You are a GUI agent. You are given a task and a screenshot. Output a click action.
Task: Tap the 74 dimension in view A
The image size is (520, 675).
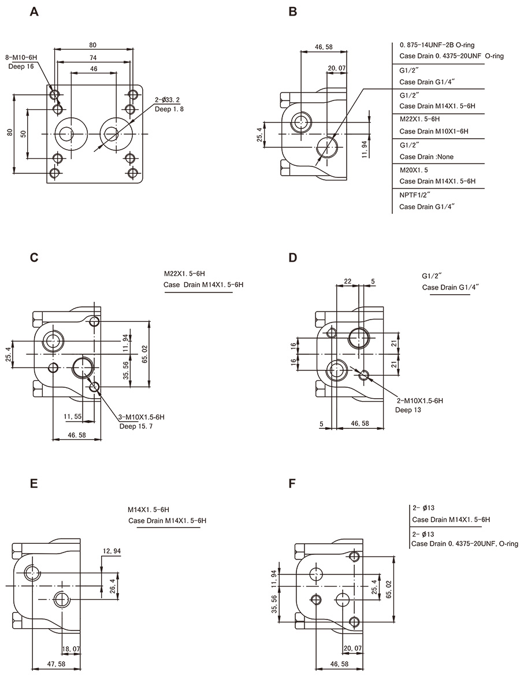(94, 57)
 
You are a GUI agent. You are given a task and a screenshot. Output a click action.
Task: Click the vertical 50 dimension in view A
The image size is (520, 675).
(23, 133)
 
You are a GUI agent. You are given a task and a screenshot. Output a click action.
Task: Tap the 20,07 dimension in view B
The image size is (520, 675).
(336, 68)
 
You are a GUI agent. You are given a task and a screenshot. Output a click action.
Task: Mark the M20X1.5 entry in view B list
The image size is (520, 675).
(414, 170)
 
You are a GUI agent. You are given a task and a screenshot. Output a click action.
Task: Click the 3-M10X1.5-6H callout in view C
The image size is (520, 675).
(142, 417)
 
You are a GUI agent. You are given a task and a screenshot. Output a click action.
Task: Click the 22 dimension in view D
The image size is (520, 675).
(347, 281)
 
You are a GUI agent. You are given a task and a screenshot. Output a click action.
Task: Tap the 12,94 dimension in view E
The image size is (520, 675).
(112, 551)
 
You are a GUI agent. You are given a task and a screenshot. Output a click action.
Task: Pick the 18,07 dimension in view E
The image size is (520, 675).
(72, 650)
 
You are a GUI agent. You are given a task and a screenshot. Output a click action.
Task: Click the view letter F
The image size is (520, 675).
(292, 483)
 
